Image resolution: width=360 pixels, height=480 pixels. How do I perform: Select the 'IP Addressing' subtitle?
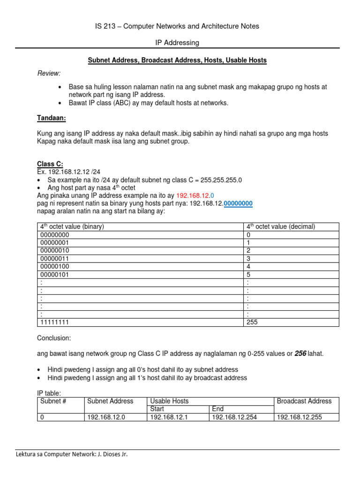[177, 43]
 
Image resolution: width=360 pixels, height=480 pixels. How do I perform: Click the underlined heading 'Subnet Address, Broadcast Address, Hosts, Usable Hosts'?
[177, 60]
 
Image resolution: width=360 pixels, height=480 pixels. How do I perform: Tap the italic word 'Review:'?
[49, 74]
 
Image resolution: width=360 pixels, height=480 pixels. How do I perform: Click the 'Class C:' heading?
[50, 164]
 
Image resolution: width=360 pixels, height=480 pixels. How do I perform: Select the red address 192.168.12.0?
[195, 195]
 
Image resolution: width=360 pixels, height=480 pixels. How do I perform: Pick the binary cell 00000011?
[55, 258]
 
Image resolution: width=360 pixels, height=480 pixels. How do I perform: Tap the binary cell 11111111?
[55, 322]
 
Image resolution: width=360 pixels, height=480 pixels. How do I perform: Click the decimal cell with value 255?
[252, 322]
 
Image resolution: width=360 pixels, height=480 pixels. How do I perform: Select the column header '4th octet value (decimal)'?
[280, 226]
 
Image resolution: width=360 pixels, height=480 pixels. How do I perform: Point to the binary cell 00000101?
[55, 274]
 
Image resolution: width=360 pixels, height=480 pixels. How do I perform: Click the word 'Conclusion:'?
[54, 338]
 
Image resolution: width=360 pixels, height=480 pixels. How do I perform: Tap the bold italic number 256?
[300, 354]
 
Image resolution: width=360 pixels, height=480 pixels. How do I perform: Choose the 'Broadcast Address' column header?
[304, 401]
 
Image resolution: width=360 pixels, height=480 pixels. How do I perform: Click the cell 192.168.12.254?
[234, 417]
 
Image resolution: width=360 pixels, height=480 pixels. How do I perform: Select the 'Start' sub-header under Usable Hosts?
[157, 409]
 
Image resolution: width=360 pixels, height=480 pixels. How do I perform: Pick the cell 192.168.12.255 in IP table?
[300, 417]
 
